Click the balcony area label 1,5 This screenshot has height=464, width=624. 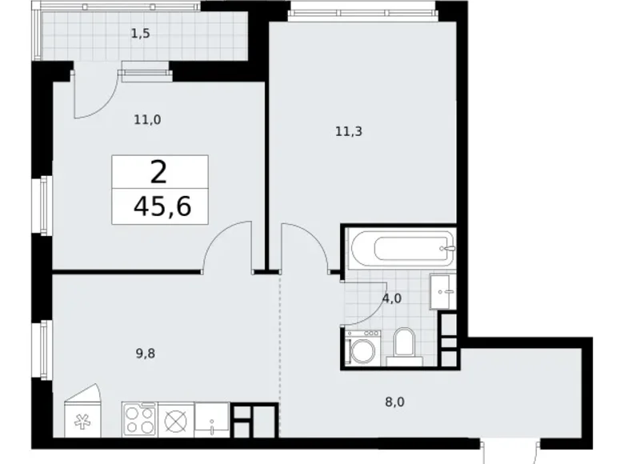point(141,34)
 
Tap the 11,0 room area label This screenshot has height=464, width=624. point(147,119)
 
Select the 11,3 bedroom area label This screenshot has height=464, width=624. point(349,131)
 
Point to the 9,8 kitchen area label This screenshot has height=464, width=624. point(146,354)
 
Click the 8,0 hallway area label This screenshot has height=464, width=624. point(394,402)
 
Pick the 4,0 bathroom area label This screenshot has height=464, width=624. point(392,298)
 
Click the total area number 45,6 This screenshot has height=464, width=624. point(162,206)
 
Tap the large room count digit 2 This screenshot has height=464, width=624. point(158,173)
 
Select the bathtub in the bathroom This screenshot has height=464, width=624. point(402,249)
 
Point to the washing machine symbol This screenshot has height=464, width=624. point(363,347)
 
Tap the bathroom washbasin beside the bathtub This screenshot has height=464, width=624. point(442,292)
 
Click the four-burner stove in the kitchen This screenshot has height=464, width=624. point(140,419)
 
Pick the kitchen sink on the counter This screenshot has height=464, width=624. point(212,419)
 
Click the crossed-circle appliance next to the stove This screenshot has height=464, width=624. point(176,419)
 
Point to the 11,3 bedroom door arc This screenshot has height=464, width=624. point(314,238)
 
